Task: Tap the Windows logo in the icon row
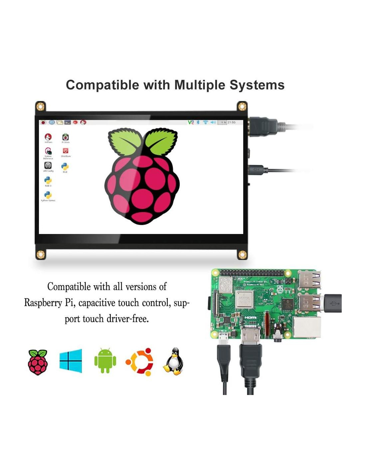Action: pos(71,361)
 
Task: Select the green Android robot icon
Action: pos(105,361)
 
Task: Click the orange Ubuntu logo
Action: pos(139,362)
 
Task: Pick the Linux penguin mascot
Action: pos(173,361)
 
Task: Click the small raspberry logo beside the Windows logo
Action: pos(38,362)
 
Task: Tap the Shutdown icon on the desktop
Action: pos(66,152)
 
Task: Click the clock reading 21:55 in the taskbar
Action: pos(232,122)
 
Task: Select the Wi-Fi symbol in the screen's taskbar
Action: pos(205,122)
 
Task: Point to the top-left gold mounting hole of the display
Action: pos(40,107)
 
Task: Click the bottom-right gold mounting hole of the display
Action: pos(242,255)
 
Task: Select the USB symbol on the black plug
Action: pos(333,303)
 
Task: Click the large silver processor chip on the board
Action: pos(245,299)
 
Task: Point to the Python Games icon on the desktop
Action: pos(48,196)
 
